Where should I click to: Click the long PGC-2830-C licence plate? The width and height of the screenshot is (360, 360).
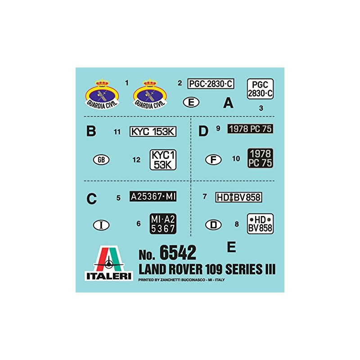coord(211,84)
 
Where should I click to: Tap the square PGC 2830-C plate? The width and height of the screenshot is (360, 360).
coord(260,89)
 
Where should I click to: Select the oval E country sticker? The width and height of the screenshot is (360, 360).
coord(191,103)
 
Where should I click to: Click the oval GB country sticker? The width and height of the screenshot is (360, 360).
coord(101,160)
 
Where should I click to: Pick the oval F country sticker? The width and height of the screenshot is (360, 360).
coord(213,160)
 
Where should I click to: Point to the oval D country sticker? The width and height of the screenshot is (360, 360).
coord(213,225)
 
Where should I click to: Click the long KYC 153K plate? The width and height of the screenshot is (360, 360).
coord(153,131)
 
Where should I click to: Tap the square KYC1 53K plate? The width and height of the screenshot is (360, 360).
coord(163,160)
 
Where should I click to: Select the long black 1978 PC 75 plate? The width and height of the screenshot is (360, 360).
coord(251,129)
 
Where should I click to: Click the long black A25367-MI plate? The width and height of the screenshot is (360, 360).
coord(153,197)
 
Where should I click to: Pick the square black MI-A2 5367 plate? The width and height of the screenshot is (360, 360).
coord(163,224)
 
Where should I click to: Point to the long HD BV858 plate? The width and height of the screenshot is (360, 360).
coord(238,197)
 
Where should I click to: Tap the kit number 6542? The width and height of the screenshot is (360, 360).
coord(180,253)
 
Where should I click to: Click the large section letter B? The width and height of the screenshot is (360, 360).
coord(91,131)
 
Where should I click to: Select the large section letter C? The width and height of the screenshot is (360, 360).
coord(91,198)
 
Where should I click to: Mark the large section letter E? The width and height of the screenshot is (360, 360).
coord(232,247)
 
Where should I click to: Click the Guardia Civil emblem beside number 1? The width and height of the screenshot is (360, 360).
coord(103,94)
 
